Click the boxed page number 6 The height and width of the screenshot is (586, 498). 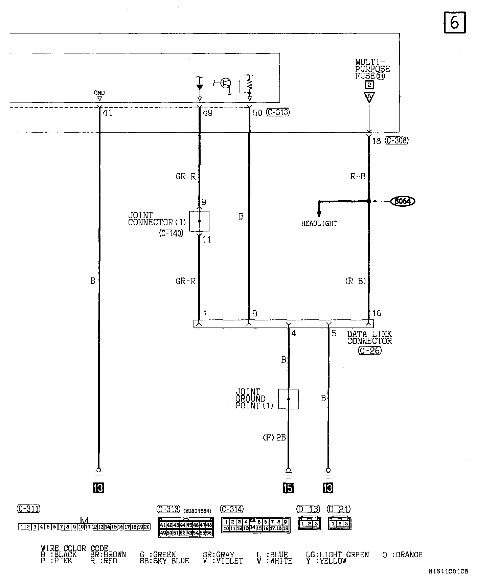coord(454,23)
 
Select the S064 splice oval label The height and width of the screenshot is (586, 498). coord(403,201)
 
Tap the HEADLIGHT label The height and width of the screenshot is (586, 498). coord(319,223)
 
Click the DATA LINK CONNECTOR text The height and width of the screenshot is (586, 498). coord(369,337)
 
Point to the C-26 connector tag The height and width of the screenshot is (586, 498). coord(370,351)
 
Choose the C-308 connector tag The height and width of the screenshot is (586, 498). coord(397,140)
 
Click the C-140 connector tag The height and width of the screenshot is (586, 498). coord(171,233)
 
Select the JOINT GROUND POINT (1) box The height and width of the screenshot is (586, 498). coord(288,399)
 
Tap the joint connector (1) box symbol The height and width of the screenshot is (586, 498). coord(199,221)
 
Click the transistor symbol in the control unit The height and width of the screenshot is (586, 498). coord(225,83)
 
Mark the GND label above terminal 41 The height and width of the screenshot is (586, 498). coord(99,93)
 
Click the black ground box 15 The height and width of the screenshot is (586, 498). coord(288,488)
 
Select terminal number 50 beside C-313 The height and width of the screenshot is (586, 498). coord(257,113)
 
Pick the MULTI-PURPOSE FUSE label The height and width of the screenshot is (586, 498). coord(372,69)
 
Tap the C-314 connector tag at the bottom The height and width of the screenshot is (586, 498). coord(232,509)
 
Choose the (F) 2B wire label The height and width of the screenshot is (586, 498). coord(274,437)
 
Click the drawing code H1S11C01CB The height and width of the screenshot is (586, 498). coord(448,571)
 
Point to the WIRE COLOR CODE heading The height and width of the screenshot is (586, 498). coord(74,548)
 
